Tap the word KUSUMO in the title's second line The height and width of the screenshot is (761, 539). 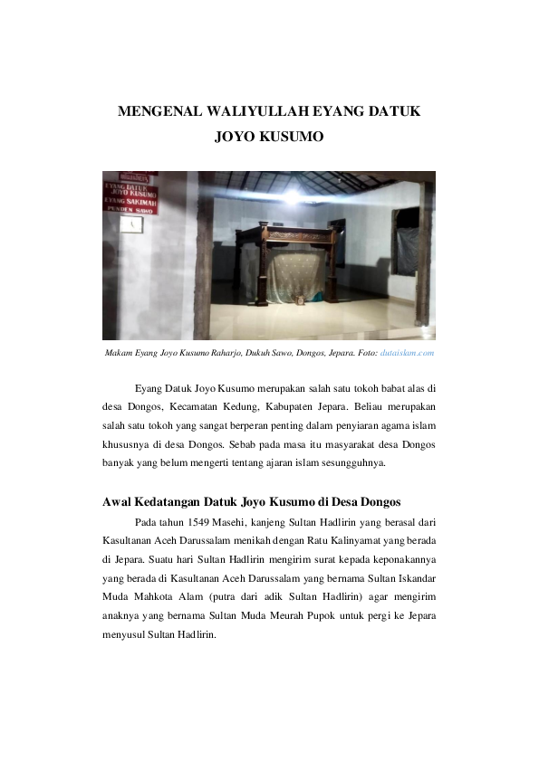pyautogui.click(x=292, y=138)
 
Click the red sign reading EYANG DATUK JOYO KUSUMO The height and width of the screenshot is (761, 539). pyautogui.click(x=130, y=192)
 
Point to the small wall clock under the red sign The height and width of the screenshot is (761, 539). pyautogui.click(x=130, y=223)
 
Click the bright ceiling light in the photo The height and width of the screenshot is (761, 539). pyautogui.click(x=292, y=194)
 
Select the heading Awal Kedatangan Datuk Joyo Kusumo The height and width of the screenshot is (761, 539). pyautogui.click(x=252, y=501)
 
